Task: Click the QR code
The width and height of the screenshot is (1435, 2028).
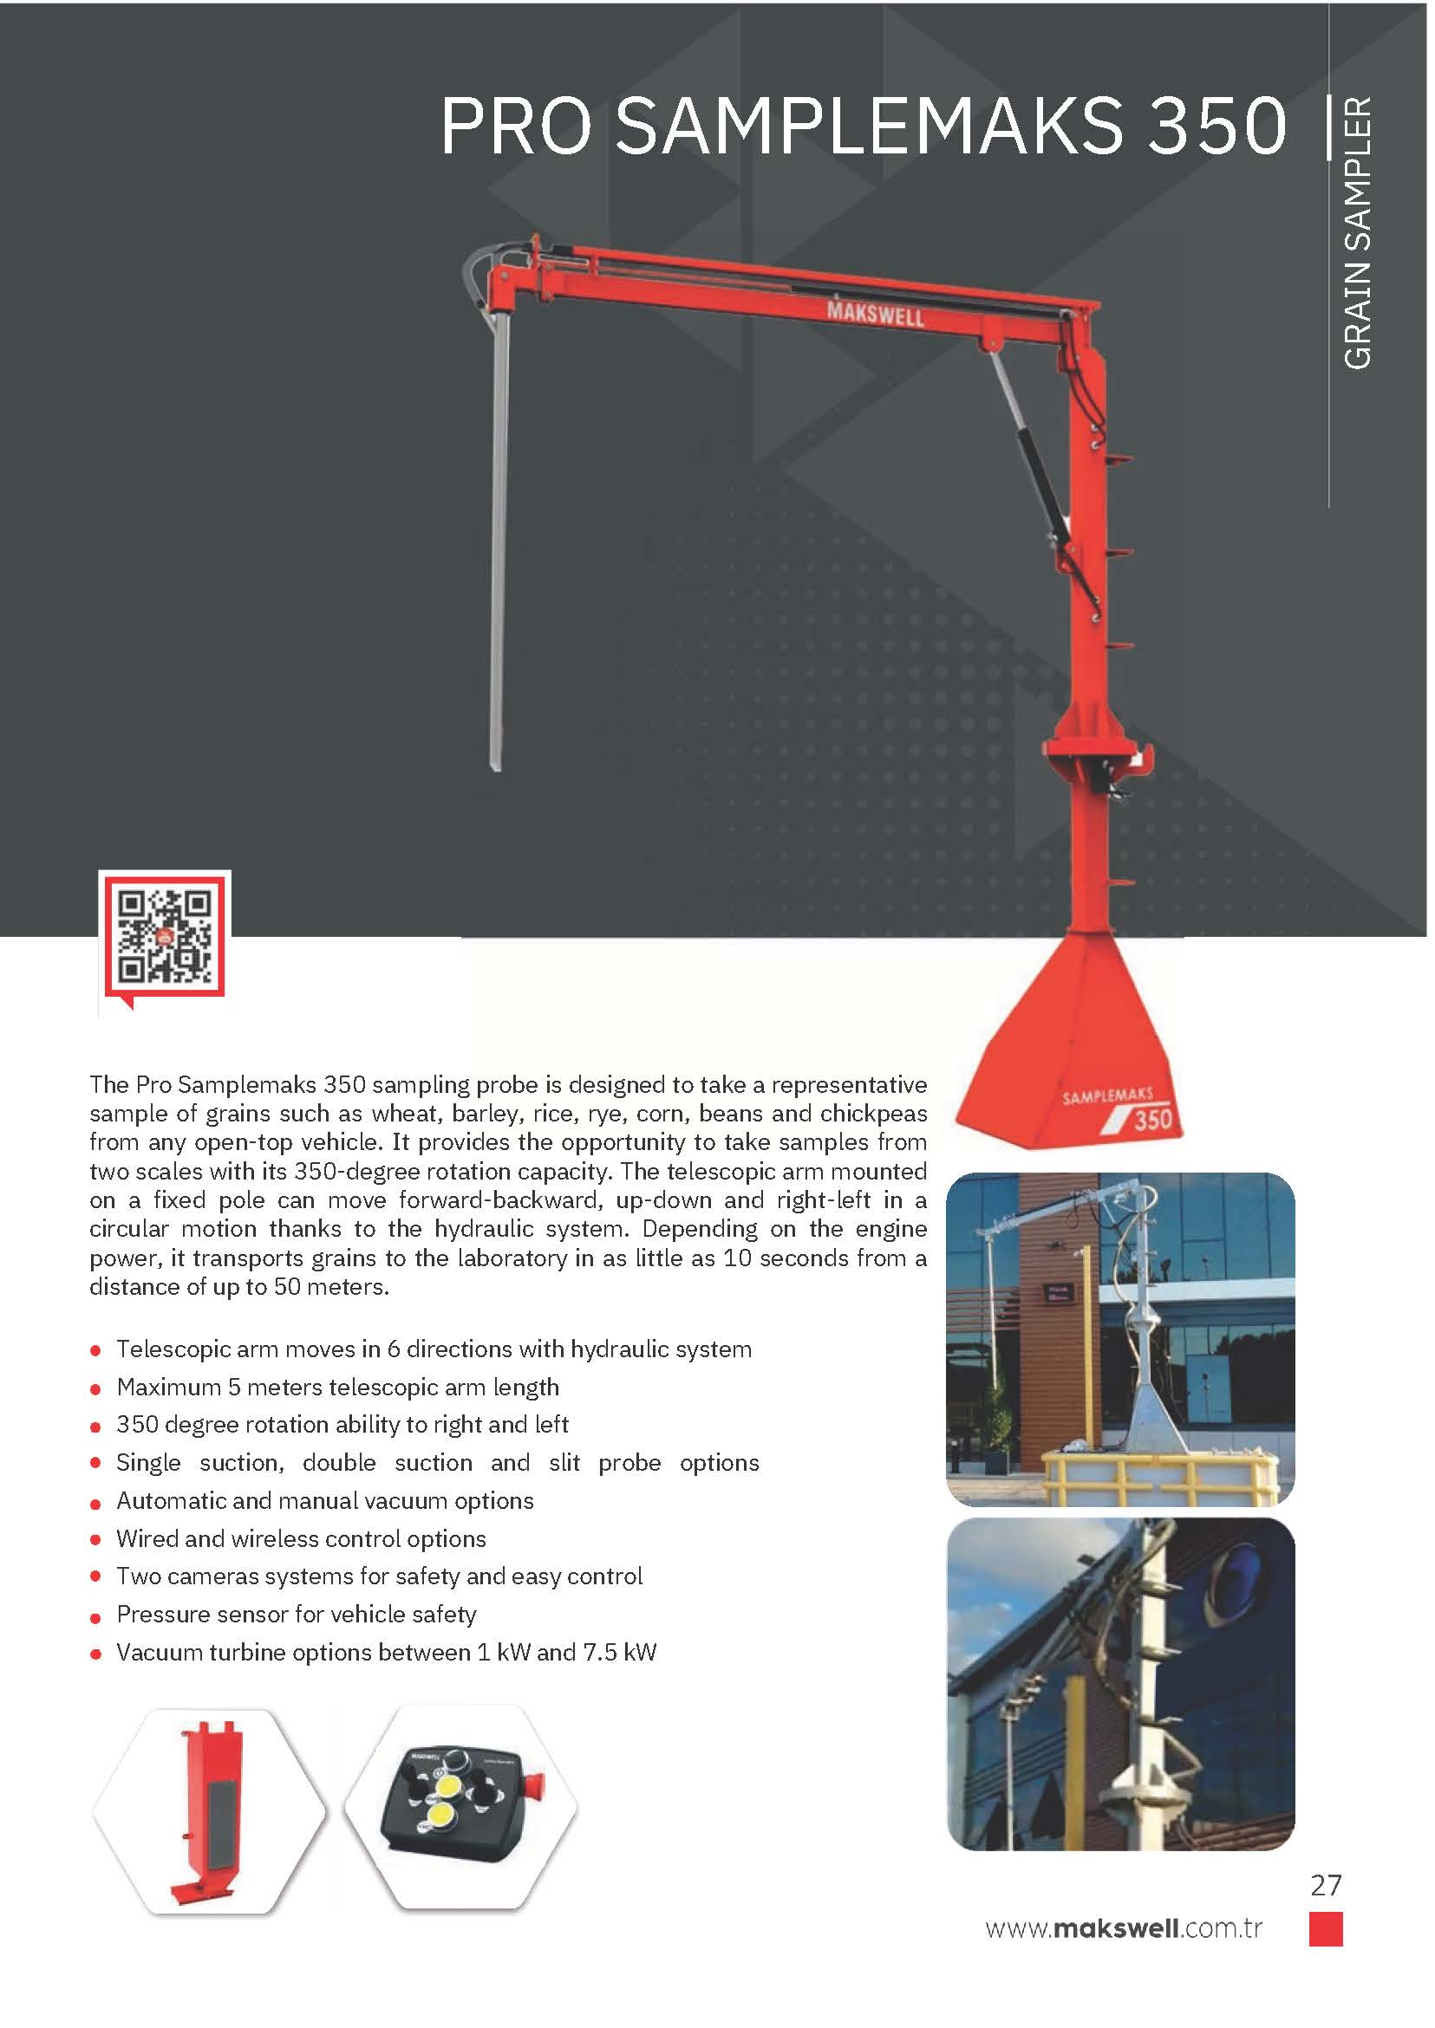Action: (165, 937)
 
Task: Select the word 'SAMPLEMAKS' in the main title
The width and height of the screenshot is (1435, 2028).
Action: (870, 126)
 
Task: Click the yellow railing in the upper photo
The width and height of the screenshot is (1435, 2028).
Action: (1158, 1476)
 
